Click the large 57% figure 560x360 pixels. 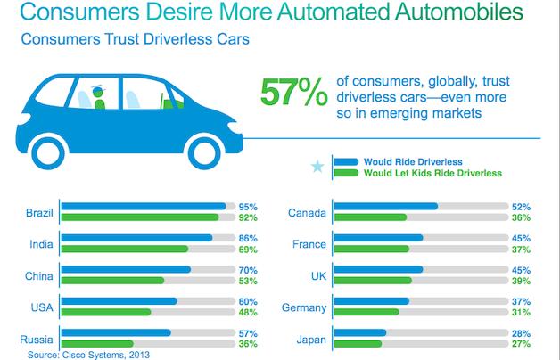[289, 94]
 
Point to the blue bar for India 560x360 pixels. [139, 239]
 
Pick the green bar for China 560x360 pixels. [114, 280]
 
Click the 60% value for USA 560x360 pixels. [249, 301]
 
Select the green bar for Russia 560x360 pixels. [99, 343]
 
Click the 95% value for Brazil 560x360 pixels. [249, 206]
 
